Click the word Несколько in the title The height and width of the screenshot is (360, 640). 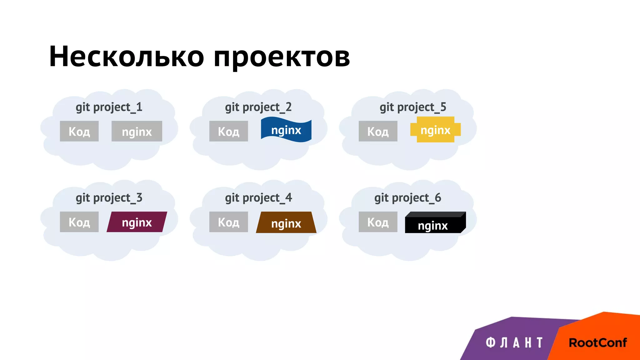tap(127, 57)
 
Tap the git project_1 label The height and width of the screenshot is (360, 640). tap(109, 107)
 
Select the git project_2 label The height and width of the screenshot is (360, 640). tap(258, 107)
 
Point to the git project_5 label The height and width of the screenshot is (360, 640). tap(413, 107)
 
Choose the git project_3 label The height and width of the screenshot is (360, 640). tap(109, 198)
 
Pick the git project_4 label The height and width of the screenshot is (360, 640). tap(258, 198)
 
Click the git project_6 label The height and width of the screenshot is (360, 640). tap(407, 198)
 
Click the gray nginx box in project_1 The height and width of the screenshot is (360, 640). tap(137, 131)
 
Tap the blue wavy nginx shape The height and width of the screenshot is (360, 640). tap(286, 130)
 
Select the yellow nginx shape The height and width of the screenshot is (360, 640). tap(435, 130)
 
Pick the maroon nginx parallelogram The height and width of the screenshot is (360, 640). tap(137, 222)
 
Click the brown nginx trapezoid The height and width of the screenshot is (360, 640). tap(286, 223)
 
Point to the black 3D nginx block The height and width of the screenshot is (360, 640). tap(434, 224)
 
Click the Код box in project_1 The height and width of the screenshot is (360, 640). tap(79, 131)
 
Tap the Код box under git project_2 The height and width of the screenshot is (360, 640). tap(229, 131)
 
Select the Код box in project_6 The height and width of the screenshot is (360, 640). tap(378, 222)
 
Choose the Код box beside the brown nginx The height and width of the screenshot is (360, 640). tap(229, 222)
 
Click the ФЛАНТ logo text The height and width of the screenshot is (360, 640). tap(514, 342)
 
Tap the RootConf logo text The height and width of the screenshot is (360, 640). tap(597, 342)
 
